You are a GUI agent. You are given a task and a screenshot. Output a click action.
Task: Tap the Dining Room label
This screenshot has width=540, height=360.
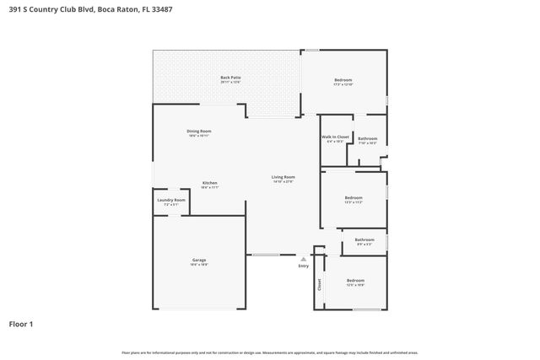[199, 131]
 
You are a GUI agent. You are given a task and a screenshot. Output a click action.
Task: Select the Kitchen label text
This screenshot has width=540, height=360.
[209, 182]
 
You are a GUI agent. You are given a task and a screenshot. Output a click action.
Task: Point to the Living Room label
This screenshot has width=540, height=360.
[283, 176]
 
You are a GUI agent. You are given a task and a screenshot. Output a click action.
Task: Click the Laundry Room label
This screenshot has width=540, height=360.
[170, 200]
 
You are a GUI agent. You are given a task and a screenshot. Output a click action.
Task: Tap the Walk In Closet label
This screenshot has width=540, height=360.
[335, 137]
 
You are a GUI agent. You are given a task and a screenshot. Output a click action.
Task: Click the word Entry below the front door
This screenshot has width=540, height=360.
[303, 266]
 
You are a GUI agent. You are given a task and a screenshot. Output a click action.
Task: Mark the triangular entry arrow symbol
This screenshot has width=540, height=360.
[303, 259]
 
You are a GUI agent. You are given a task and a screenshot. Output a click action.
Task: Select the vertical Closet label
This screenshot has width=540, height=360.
[319, 284]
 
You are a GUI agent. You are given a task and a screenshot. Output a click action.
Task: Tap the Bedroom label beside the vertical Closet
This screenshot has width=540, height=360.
[355, 280]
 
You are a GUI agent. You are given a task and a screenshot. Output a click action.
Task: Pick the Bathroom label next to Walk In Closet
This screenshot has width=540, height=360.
[367, 138]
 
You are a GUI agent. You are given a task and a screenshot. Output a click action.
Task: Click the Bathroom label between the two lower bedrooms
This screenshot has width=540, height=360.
[364, 239]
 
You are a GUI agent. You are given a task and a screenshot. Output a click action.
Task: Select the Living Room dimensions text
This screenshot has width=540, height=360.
[283, 181]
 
